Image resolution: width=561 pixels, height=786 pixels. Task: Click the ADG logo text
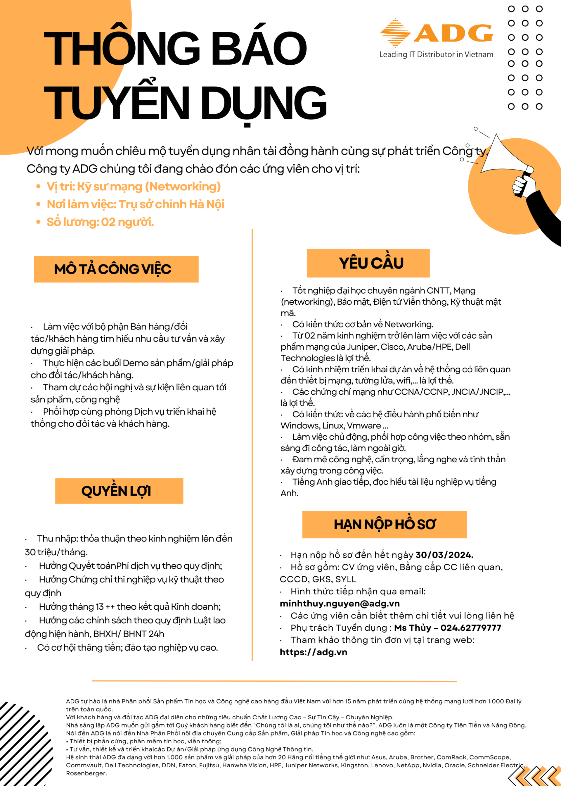coord(453,33)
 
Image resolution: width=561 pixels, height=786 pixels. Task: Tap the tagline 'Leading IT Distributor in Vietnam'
coord(436,55)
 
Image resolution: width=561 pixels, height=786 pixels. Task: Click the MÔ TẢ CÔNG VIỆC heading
coord(112,269)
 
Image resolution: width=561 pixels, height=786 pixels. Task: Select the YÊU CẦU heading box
coord(368,263)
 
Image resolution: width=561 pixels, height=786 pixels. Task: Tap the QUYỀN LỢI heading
coord(116,491)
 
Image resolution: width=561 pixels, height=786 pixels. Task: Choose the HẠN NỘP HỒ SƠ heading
coord(384,524)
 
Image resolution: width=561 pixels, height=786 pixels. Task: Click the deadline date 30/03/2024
coord(444,555)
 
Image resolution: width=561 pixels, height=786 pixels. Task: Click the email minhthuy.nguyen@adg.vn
coord(340,604)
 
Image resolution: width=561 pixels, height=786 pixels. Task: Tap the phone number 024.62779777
coord(470,628)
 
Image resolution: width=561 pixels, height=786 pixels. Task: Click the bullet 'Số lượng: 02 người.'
coord(100,222)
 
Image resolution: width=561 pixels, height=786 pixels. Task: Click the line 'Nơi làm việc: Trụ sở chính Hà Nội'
coord(135,204)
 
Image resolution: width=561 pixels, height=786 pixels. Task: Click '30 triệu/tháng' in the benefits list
coord(56,552)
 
